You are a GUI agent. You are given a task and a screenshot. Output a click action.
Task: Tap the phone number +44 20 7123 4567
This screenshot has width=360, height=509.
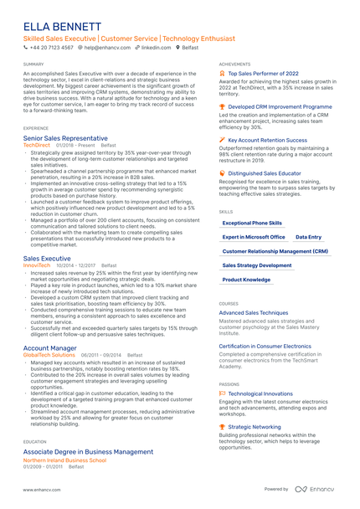[x=51, y=49]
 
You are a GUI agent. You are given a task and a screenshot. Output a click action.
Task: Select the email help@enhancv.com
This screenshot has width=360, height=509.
[x=106, y=49]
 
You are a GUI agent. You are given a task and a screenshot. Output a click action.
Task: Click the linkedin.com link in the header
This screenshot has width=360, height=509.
[x=156, y=49]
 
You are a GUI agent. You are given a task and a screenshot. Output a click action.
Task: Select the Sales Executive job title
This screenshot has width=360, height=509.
[x=47, y=259]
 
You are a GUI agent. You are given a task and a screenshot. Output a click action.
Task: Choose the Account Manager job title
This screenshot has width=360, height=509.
[x=50, y=347]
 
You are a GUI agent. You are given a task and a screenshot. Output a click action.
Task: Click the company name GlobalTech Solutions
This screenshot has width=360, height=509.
[x=49, y=354]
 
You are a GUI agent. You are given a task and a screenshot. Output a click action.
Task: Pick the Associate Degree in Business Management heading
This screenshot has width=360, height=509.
[x=88, y=451]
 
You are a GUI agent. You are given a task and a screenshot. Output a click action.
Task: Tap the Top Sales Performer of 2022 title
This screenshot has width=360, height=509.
[x=263, y=74]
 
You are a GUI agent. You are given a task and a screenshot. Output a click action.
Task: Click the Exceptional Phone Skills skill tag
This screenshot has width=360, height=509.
[x=252, y=224]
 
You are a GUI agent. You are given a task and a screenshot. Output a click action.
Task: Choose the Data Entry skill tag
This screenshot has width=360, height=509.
[x=309, y=237]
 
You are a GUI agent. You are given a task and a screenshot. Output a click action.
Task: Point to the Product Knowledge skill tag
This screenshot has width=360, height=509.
[x=247, y=280]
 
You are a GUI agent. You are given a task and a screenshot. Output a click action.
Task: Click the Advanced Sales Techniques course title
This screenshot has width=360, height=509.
[x=254, y=312]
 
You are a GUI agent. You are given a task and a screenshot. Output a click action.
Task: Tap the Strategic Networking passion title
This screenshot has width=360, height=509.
[x=255, y=426]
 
